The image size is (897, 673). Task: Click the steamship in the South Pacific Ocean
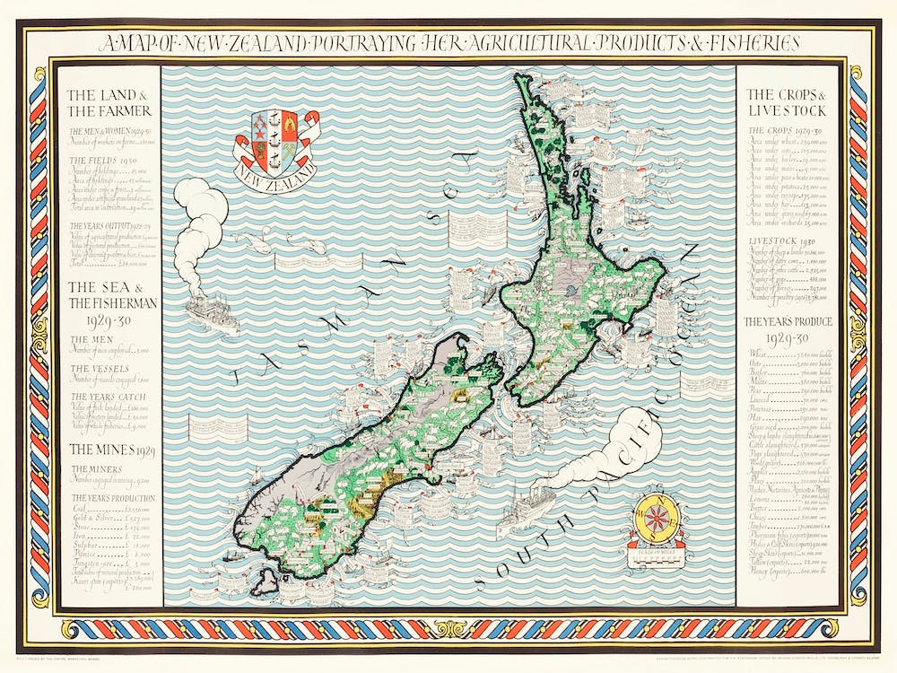click(x=525, y=511)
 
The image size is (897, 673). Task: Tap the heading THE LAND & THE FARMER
click(x=109, y=102)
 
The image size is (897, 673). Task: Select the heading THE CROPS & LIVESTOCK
click(x=787, y=102)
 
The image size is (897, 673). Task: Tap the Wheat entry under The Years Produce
click(x=759, y=354)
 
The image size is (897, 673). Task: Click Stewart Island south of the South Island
click(x=265, y=581)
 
